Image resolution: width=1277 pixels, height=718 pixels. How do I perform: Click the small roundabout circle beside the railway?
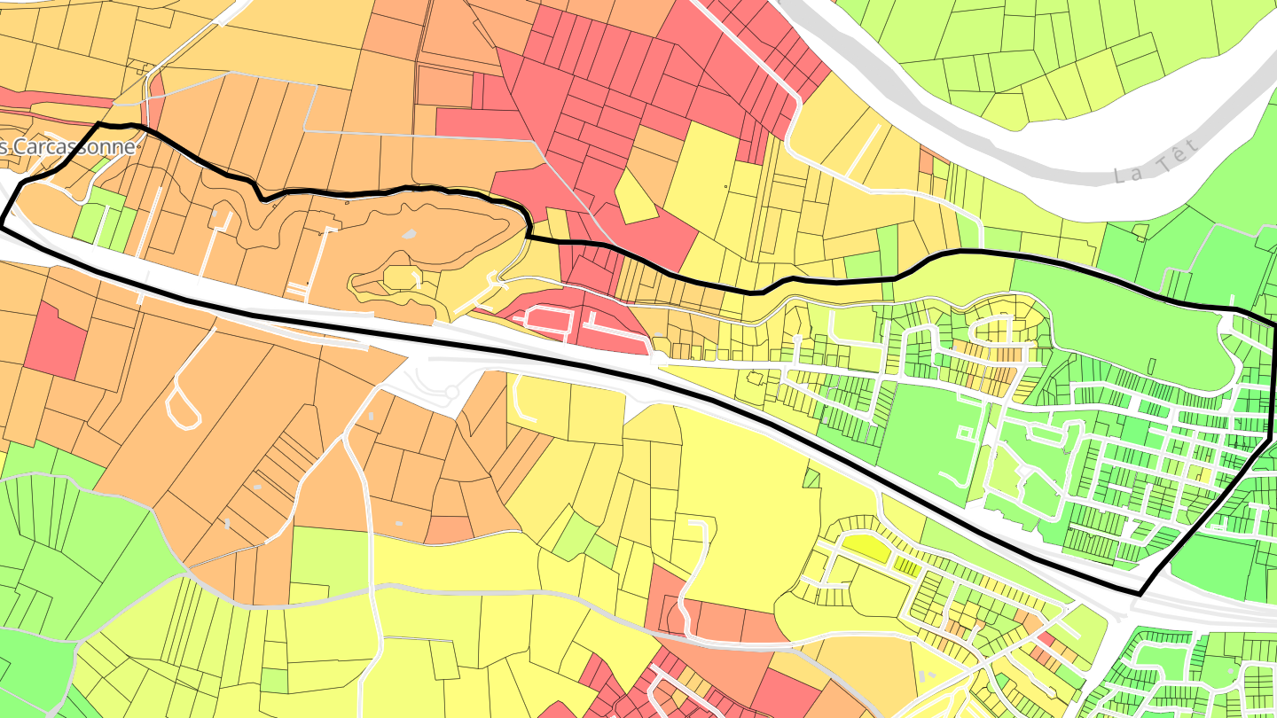450,391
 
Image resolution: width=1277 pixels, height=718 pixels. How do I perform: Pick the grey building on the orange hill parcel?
408,235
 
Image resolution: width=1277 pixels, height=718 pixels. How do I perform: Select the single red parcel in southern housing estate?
1046,640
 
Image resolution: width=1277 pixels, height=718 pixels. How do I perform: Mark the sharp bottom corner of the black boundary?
1140,591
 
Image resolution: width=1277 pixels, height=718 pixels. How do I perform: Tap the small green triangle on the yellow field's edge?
811,479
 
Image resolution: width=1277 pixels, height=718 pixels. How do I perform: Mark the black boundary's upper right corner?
1273,326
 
